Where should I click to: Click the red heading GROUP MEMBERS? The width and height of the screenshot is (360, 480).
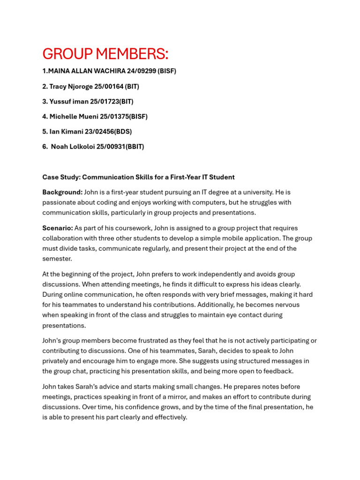(x=105, y=54)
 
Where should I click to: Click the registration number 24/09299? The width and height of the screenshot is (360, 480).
(x=140, y=71)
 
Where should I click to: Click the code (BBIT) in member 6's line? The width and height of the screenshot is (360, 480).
(x=133, y=147)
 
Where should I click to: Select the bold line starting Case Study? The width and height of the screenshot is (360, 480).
(x=138, y=177)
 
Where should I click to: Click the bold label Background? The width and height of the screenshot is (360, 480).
(x=62, y=192)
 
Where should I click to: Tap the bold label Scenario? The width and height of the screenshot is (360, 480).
(x=58, y=228)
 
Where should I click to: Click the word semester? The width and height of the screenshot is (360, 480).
(x=57, y=259)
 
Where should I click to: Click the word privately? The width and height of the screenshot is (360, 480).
(x=57, y=361)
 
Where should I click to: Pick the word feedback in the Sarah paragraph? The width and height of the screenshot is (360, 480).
(x=278, y=371)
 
